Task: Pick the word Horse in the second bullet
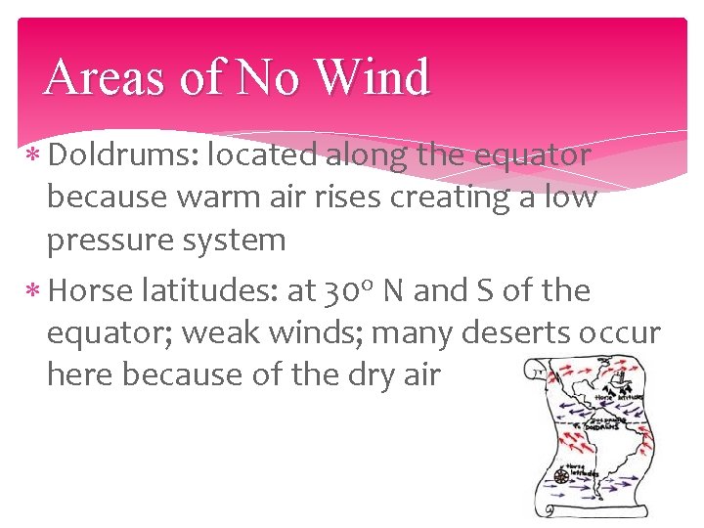pos(89,290)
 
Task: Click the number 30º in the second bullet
pos(345,290)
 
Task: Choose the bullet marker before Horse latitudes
pos(32,291)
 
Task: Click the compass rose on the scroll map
pos(561,476)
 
